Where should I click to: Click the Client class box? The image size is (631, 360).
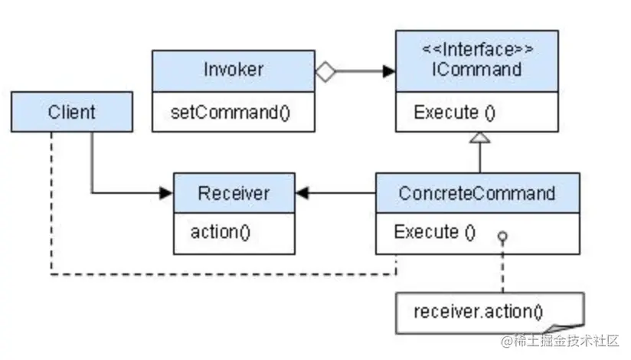[72, 112]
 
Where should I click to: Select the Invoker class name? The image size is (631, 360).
[234, 70]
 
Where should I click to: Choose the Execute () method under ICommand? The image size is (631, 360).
[455, 113]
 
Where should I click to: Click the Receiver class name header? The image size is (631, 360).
[234, 193]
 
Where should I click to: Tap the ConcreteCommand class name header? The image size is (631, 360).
[476, 193]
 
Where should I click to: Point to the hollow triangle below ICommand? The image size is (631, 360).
[479, 138]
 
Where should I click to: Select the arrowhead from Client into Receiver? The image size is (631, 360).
[166, 193]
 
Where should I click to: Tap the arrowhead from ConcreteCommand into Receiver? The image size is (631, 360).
[302, 193]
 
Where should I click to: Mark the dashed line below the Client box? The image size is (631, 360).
[51, 199]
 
